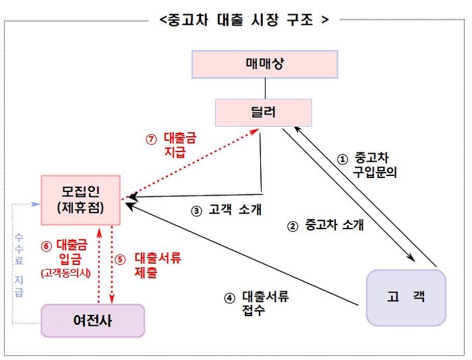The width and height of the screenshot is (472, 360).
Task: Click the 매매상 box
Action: coord(264,65)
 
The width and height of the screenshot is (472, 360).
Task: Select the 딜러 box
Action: coord(264,113)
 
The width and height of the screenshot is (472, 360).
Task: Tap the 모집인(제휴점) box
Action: coord(81,200)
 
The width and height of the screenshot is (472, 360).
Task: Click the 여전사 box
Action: coord(93,321)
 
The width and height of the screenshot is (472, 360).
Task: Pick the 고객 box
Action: coord(406,297)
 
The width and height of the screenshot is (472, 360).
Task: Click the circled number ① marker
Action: coord(343,159)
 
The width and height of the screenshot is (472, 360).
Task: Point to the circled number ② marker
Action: coord(292,227)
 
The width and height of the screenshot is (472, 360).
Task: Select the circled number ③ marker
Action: coord(196,211)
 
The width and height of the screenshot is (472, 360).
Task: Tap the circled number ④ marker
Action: coord(230,298)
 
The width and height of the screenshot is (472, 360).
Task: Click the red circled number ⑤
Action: coord(120,260)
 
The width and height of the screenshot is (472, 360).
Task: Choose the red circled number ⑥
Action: coord(47,246)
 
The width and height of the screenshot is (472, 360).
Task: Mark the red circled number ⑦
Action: coord(151,140)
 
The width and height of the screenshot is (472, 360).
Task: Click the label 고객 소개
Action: coord(235,210)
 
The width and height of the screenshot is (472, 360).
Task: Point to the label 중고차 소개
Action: coord(334,224)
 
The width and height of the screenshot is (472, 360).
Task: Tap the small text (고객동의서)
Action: coord(65,273)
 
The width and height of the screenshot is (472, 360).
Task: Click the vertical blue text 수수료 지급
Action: coord(19,265)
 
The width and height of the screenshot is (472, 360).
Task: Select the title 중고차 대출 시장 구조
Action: coord(244,20)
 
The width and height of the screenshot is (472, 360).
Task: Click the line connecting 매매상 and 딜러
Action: coord(265,89)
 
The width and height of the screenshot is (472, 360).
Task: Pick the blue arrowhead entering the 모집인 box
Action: coord(36,204)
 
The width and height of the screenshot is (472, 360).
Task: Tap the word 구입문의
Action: coord(375,172)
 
